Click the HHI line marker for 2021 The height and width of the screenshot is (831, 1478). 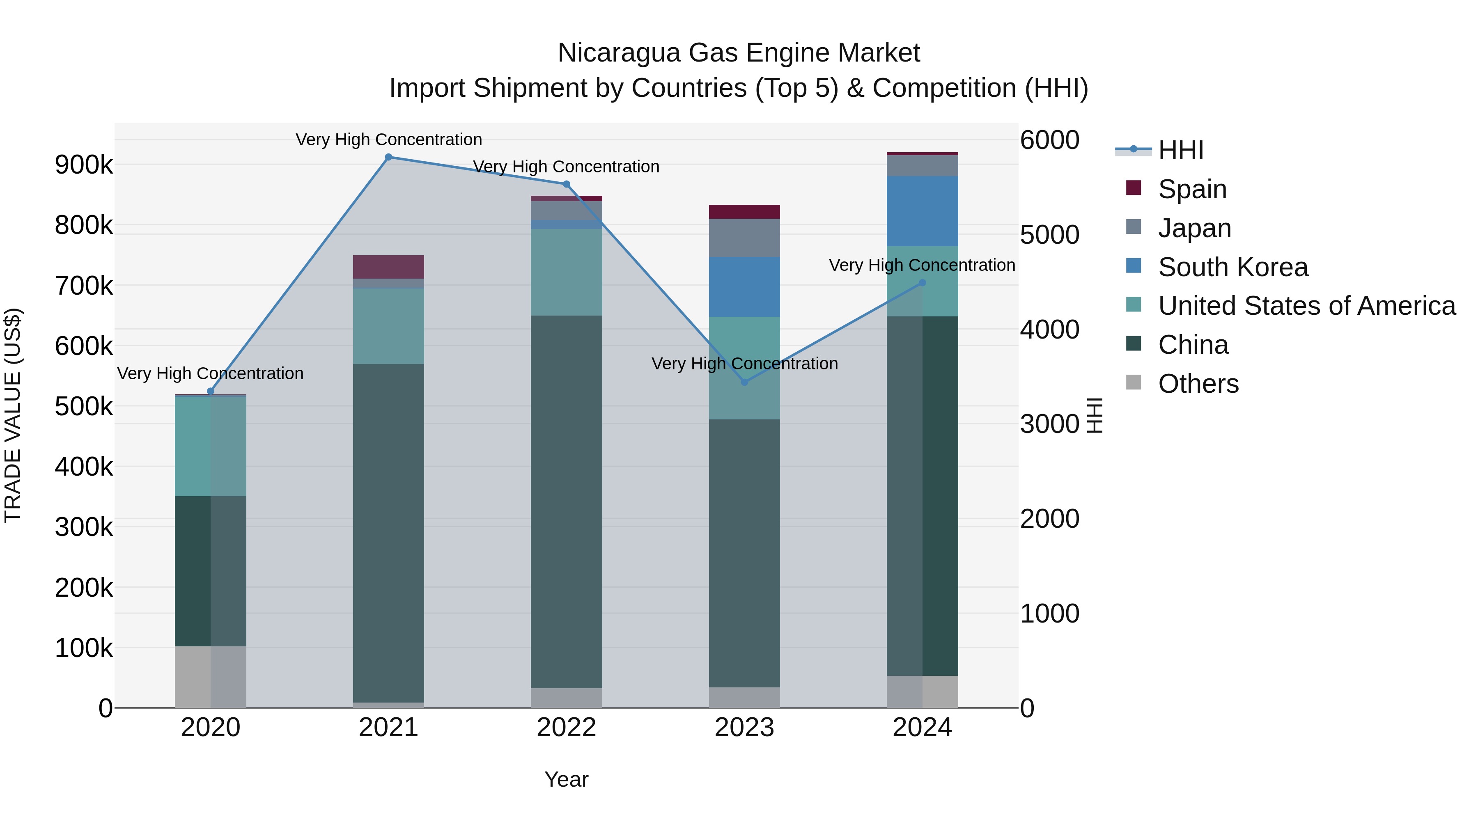point(388,157)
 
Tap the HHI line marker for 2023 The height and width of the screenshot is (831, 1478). point(744,382)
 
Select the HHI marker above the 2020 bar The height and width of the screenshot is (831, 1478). point(211,391)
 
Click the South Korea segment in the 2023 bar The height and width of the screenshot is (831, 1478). point(744,287)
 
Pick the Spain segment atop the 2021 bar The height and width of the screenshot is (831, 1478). point(388,267)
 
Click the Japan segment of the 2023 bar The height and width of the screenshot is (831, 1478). point(744,238)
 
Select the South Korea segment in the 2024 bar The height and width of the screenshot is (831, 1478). point(922,211)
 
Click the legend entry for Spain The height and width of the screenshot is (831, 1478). point(1192,189)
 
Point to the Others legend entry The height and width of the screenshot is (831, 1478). point(1198,384)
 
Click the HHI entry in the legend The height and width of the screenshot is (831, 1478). point(1180,150)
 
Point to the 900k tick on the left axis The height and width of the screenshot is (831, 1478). point(84,165)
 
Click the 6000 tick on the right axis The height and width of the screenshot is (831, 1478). point(1049,140)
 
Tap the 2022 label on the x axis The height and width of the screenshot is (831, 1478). point(566,728)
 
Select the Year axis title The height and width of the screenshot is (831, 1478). point(566,779)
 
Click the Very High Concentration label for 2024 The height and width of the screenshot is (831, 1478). point(922,265)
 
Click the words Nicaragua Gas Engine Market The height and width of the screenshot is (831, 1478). point(739,53)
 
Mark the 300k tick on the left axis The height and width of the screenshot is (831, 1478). point(84,527)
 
